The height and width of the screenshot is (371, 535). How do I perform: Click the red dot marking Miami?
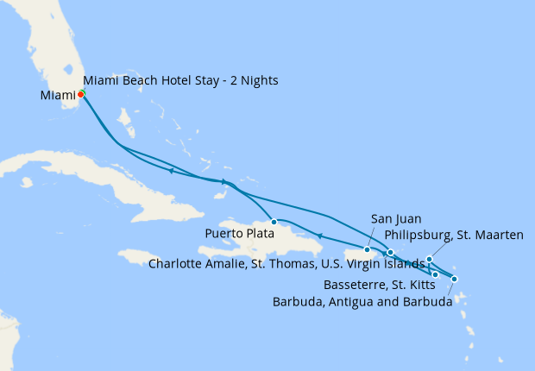click(x=80, y=94)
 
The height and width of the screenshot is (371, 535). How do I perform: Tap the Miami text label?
click(x=58, y=95)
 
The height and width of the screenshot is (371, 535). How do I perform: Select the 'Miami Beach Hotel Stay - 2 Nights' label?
click(x=180, y=81)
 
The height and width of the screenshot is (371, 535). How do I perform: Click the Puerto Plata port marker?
click(x=274, y=222)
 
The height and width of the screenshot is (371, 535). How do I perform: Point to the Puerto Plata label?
click(x=239, y=233)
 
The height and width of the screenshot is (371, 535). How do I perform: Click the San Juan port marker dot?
click(x=368, y=250)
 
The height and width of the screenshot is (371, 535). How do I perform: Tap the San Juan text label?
click(x=396, y=219)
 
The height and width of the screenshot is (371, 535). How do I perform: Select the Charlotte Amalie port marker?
click(x=390, y=252)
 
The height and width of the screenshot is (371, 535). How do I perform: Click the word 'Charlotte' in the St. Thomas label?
click(x=177, y=264)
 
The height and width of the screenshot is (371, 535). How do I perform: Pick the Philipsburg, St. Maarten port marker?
click(x=429, y=259)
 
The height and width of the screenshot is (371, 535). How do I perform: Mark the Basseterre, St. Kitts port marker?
click(x=436, y=274)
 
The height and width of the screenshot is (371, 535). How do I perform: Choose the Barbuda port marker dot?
click(x=455, y=279)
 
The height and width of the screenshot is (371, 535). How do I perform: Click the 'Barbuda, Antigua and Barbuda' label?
click(x=362, y=302)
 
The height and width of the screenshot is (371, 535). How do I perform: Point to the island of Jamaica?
click(x=142, y=256)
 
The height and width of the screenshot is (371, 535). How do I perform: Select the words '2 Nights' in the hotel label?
click(x=255, y=81)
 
